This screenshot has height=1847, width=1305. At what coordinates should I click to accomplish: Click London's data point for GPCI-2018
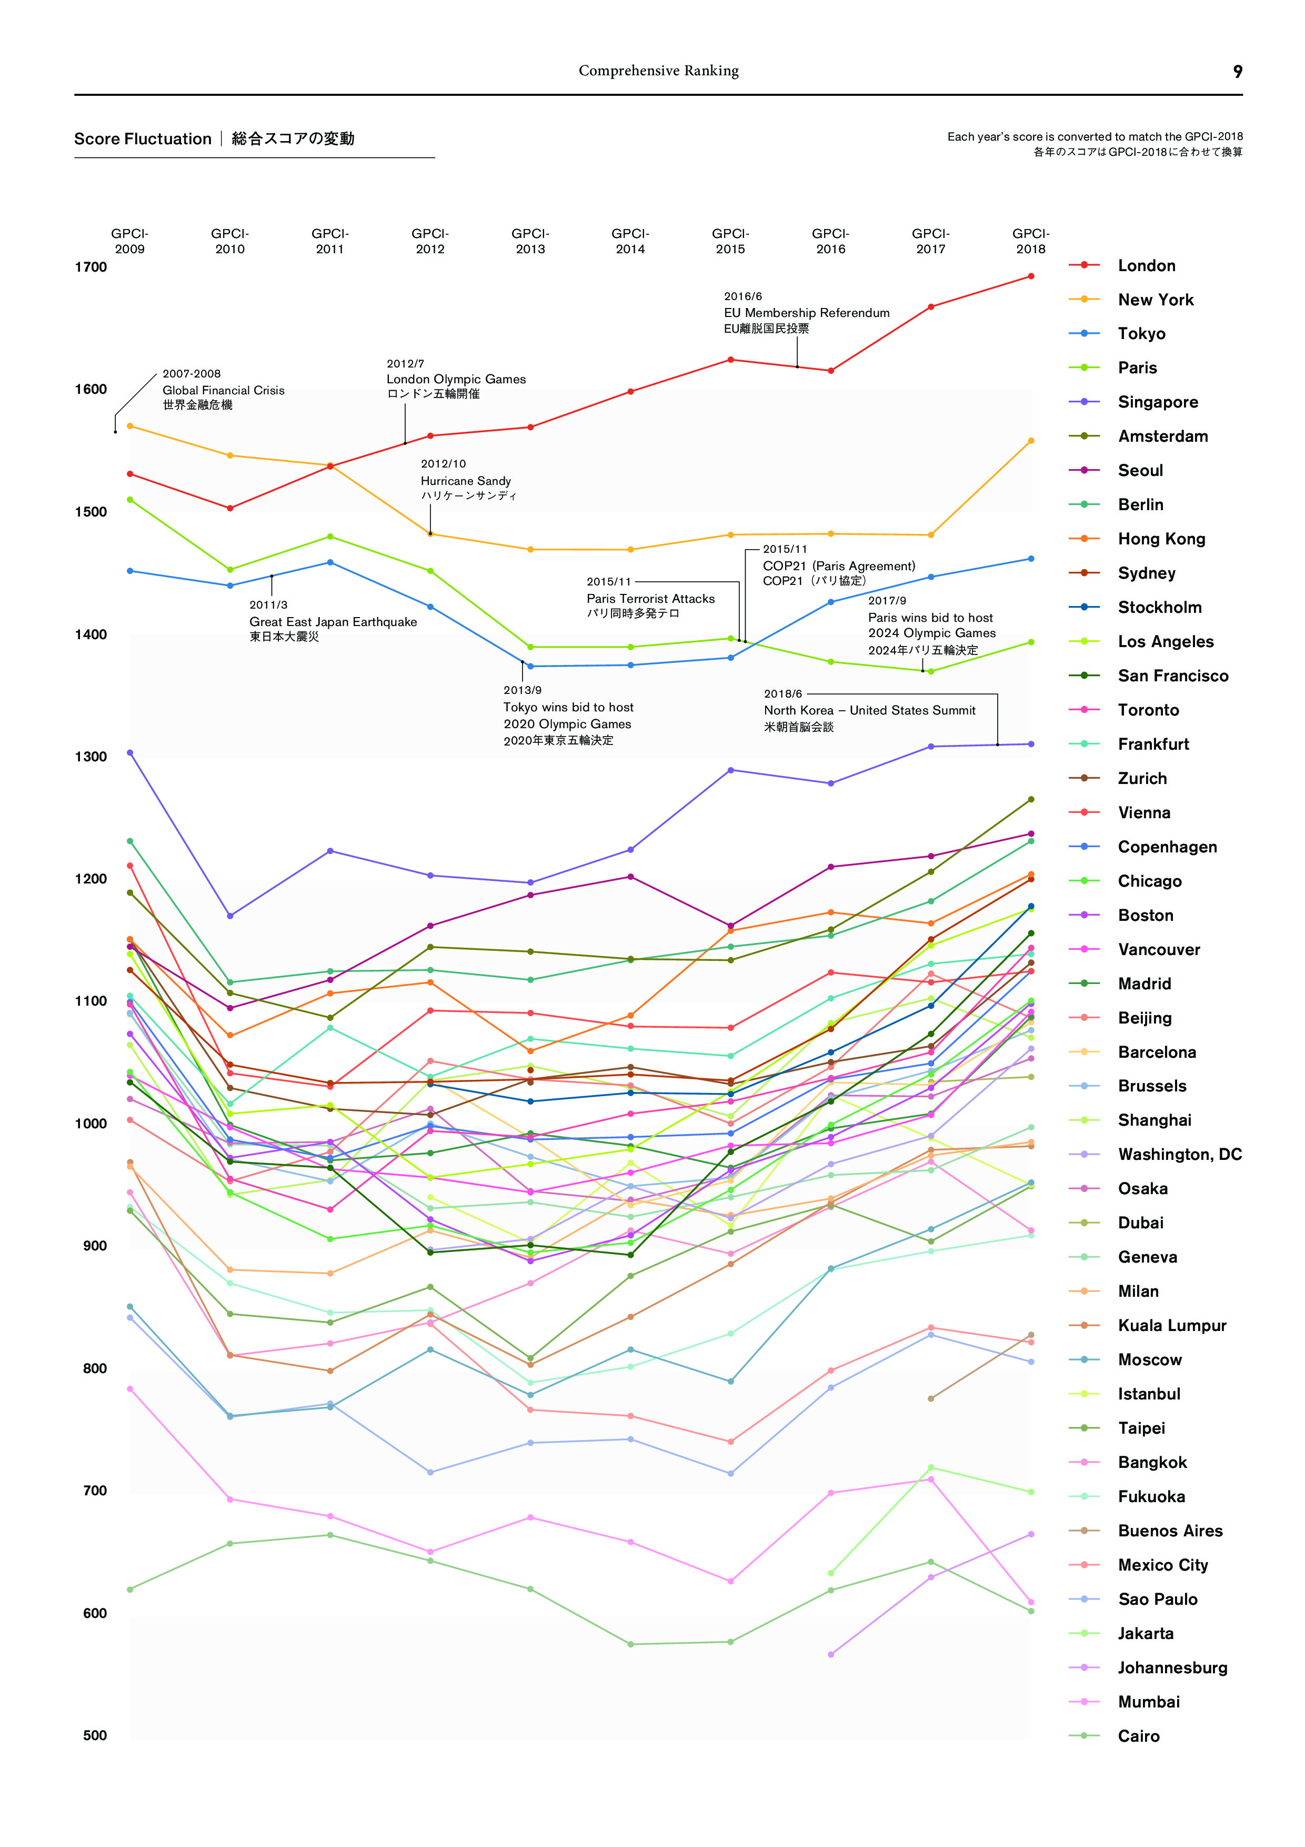coord(1031,276)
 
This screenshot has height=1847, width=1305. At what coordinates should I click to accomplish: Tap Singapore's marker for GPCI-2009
coord(130,753)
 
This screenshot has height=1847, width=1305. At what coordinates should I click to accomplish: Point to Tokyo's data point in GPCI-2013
coord(530,666)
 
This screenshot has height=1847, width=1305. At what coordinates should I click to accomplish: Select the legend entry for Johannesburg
coord(1171,1667)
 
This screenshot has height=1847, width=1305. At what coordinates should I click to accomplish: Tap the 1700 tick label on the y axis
coord(91,267)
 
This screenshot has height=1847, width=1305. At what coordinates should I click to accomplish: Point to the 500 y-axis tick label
coord(95,1735)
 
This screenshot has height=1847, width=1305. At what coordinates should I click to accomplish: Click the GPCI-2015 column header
coord(730,241)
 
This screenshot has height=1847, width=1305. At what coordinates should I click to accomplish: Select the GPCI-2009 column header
coord(130,241)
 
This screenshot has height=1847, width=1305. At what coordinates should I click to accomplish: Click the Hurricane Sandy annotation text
coord(466,480)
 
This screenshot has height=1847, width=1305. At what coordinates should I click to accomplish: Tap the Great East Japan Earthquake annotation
coord(333,622)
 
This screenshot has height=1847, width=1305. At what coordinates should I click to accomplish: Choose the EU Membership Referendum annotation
coord(807,313)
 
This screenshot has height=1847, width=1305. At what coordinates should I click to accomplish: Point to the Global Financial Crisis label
coord(224,390)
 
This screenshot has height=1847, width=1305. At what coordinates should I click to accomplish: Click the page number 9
coord(1238,72)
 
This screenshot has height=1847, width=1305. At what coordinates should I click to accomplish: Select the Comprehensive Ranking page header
coord(658,71)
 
